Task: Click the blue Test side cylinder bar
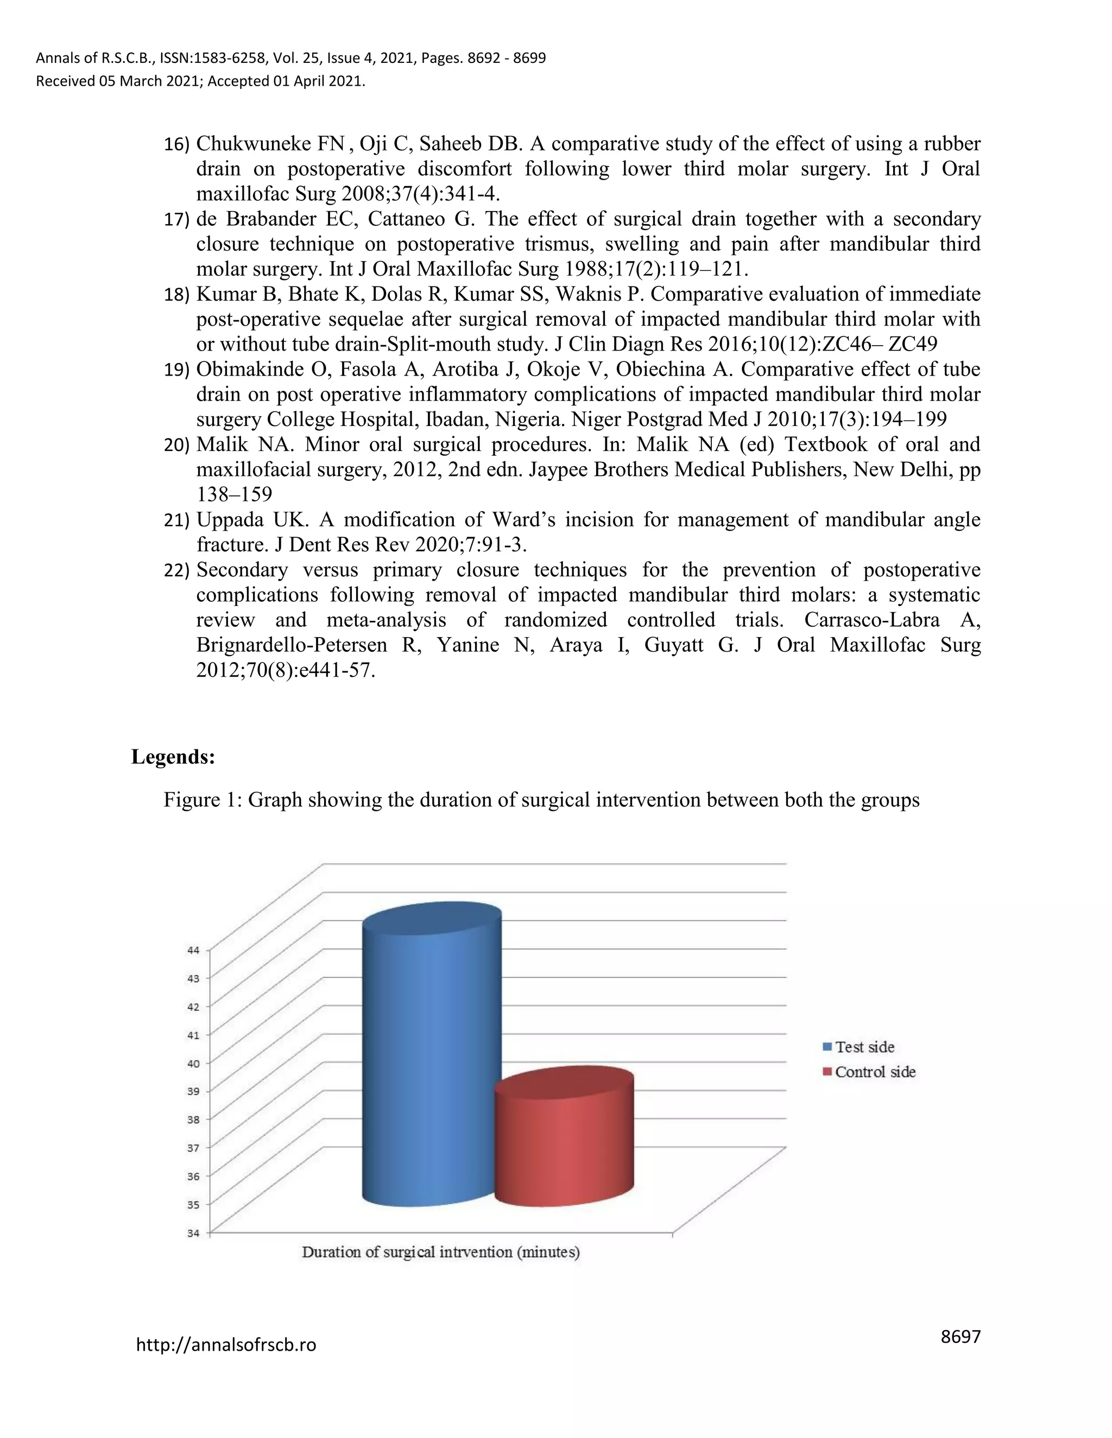[x=432, y=1067]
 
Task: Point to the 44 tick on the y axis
[x=193, y=950]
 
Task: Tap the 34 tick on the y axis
[x=193, y=1232]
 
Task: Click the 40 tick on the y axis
[x=193, y=1062]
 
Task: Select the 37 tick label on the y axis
[x=193, y=1148]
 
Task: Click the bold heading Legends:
[x=173, y=756]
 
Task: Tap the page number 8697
[x=961, y=1337]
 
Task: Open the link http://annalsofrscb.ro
[x=226, y=1345]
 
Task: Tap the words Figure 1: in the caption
[x=201, y=800]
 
